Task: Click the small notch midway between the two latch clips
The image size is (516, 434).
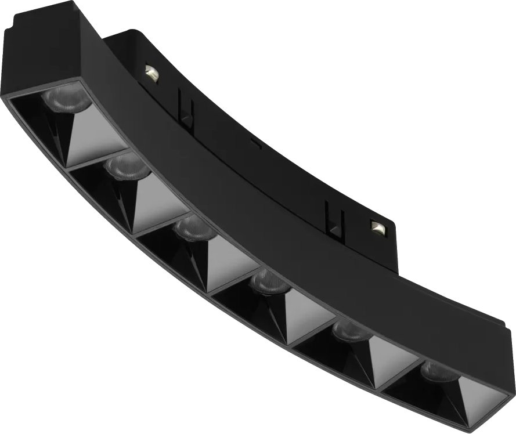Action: (x=254, y=141)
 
